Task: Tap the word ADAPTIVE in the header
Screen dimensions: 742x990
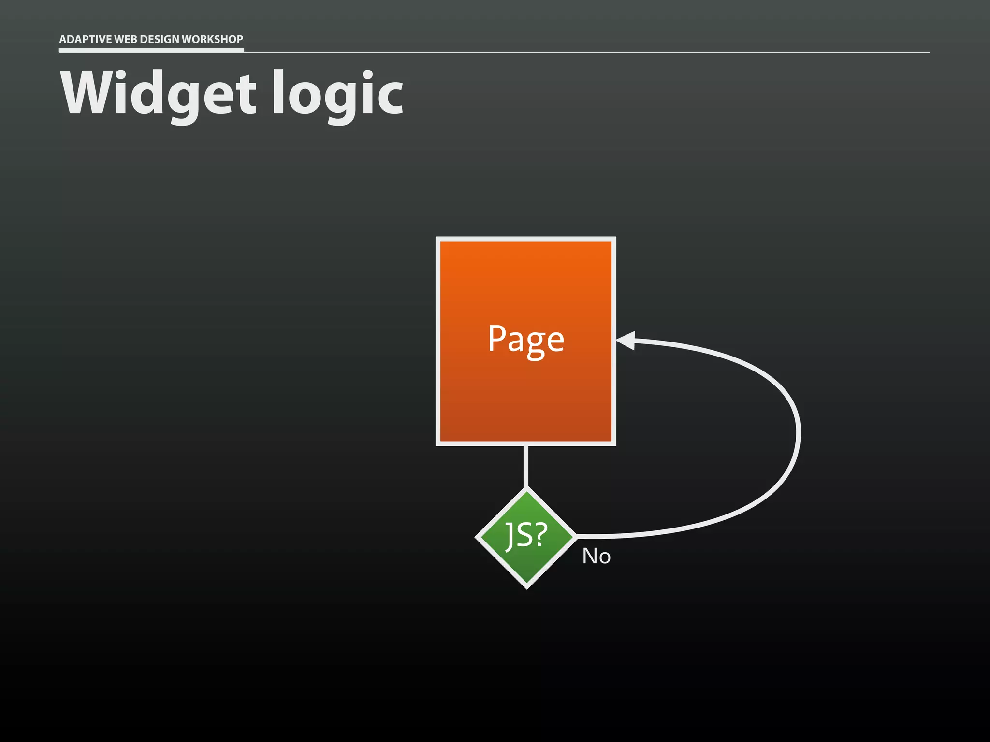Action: pos(85,39)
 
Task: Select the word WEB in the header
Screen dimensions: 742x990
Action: pos(125,39)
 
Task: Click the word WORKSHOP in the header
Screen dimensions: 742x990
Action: pos(212,39)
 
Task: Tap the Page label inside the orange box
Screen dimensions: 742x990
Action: pos(526,340)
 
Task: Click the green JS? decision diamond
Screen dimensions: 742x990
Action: pos(526,537)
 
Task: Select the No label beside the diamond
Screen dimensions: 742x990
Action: pos(596,556)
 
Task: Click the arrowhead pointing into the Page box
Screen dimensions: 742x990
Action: pos(626,341)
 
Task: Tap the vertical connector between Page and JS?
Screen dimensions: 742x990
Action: pos(526,466)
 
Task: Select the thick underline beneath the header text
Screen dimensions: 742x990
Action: pos(151,50)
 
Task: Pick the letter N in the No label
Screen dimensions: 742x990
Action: pos(590,556)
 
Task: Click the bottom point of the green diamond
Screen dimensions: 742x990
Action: pos(526,586)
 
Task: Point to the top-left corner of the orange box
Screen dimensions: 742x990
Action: pos(438,240)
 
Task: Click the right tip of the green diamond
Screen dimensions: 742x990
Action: pos(575,536)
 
